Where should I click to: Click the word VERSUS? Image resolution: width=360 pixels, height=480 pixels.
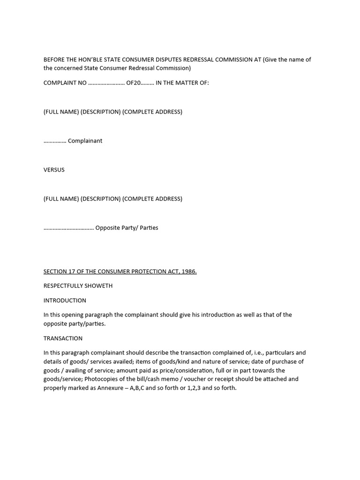tap(54, 170)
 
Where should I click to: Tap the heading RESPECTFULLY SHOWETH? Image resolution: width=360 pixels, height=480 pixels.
tap(78, 286)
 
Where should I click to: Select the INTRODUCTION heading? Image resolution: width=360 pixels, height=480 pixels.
tap(65, 300)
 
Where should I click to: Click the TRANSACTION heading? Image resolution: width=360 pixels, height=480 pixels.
tap(63, 338)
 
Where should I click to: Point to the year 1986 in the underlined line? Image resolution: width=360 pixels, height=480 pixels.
tap(188, 271)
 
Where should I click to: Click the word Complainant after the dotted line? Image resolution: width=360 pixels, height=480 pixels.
tap(85, 141)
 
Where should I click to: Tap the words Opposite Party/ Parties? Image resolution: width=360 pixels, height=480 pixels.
tap(127, 228)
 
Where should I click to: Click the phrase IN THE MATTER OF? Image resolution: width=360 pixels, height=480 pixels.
tap(182, 83)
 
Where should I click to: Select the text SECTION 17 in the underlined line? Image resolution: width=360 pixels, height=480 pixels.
tap(60, 271)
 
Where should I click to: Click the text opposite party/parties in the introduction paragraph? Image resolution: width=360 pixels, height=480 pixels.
tap(75, 324)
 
